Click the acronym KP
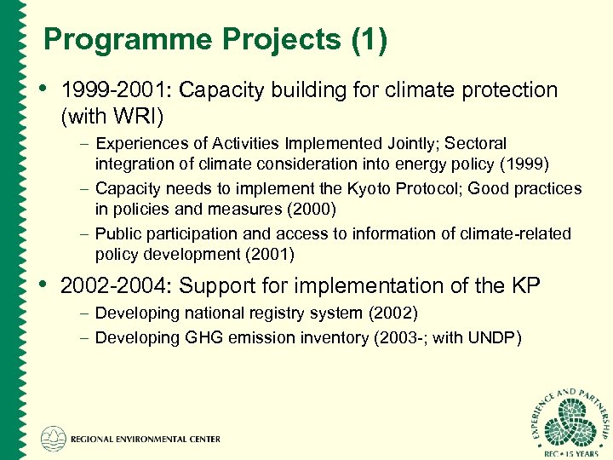[x=524, y=286]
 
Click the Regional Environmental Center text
[x=146, y=440]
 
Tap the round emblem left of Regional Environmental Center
[x=54, y=439]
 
